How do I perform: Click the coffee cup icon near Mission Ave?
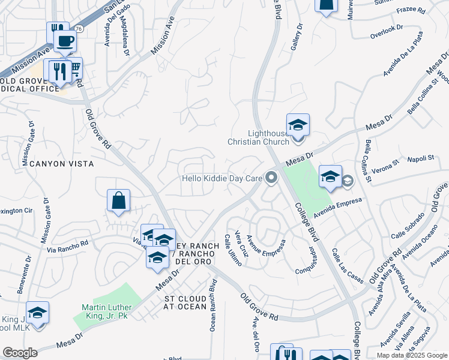click(x=65, y=41)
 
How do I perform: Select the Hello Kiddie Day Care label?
click(x=223, y=178)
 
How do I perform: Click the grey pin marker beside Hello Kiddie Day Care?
click(x=272, y=178)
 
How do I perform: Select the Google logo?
click(x=20, y=353)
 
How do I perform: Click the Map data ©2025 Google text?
click(x=412, y=355)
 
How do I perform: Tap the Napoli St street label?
click(x=421, y=158)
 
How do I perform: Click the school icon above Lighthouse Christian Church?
click(x=298, y=126)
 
